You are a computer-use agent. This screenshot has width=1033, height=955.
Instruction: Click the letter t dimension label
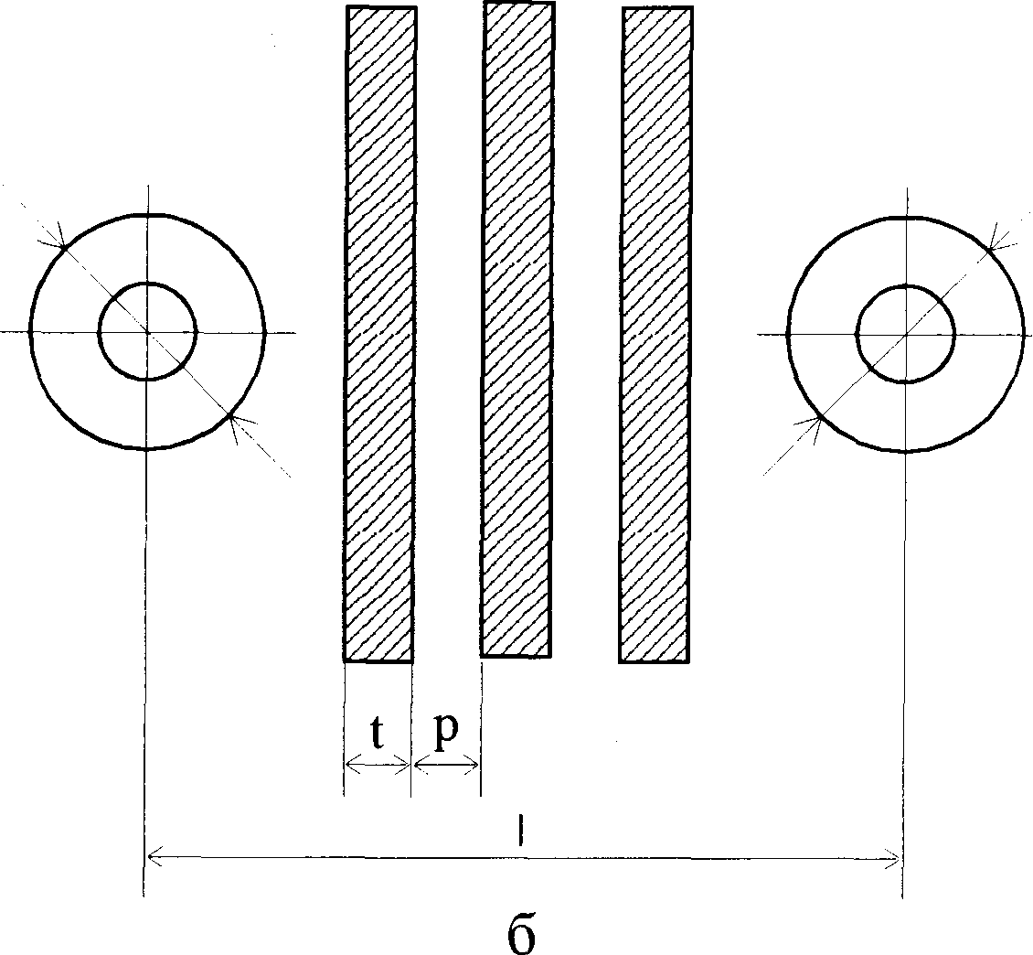click(377, 733)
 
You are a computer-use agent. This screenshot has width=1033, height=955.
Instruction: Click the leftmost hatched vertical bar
click(379, 334)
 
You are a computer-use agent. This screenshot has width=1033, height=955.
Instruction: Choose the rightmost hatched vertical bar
click(655, 335)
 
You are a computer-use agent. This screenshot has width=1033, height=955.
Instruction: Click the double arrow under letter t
click(378, 766)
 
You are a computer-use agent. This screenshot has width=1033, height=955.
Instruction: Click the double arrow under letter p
click(446, 766)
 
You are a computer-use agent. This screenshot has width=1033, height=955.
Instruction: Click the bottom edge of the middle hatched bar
click(516, 656)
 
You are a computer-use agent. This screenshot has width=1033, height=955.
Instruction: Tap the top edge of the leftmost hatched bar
click(381, 7)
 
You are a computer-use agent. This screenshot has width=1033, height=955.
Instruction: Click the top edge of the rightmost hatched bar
click(656, 9)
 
